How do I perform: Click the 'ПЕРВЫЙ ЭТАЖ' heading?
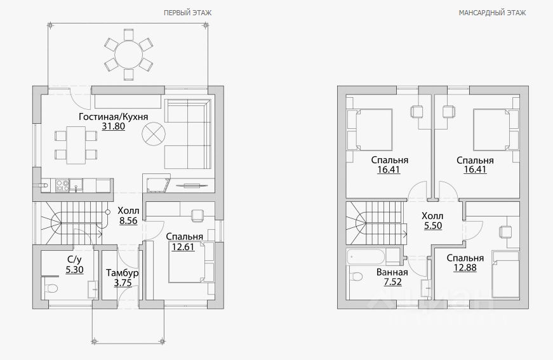pyautogui.click(x=188, y=13)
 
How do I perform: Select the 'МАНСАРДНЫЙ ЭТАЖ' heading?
pyautogui.click(x=492, y=13)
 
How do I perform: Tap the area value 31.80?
pyautogui.click(x=114, y=126)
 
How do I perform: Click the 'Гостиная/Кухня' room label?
pyautogui.click(x=113, y=117)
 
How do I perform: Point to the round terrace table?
pyautogui.click(x=129, y=55)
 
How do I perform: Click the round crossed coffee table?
pyautogui.click(x=154, y=133)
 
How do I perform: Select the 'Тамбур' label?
pyautogui.click(x=123, y=273)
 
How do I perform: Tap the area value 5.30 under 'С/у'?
pyautogui.click(x=74, y=270)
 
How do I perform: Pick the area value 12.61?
pyautogui.click(x=183, y=247)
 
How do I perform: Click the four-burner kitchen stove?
pyautogui.click(x=62, y=185)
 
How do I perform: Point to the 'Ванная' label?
pyautogui.click(x=392, y=272)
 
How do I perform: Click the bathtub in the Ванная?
pyautogui.click(x=366, y=257)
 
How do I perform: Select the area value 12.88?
pyautogui.click(x=465, y=268)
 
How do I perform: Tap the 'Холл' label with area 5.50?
pyautogui.click(x=432, y=216)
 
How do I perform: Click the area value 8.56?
pyautogui.click(x=128, y=221)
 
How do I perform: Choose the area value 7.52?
pyautogui.click(x=392, y=282)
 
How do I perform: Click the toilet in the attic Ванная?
pyautogui.click(x=356, y=276)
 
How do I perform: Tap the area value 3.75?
pyautogui.click(x=123, y=283)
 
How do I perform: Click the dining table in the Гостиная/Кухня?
pyautogui.click(x=76, y=145)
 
